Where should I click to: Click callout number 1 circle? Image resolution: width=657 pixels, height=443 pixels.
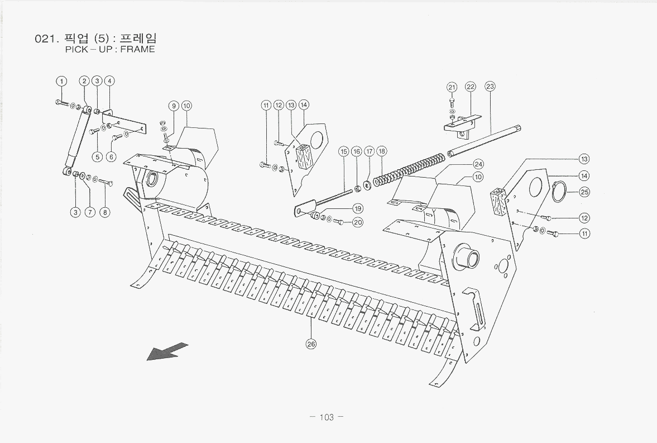point(62,81)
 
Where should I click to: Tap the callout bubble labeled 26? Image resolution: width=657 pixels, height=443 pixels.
point(311,344)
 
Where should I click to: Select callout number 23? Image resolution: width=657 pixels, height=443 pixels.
point(490,87)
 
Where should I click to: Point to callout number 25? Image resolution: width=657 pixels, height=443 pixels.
point(584,192)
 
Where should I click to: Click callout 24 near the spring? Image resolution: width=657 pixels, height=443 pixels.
point(478,164)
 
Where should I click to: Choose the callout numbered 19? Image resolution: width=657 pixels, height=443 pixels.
point(358,208)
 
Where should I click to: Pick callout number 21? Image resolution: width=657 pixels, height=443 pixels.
point(452,87)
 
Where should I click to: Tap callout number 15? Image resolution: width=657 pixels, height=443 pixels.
point(343,151)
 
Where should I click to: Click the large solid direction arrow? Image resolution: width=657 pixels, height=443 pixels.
point(167,351)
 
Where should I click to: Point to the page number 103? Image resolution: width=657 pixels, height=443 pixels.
point(327,417)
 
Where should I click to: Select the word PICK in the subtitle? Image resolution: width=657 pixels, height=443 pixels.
point(76,49)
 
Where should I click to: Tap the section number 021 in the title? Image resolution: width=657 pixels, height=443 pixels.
point(44,39)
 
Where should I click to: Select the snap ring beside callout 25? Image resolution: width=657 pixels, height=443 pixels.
point(559,191)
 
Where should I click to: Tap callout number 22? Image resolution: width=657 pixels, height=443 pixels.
point(470,87)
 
